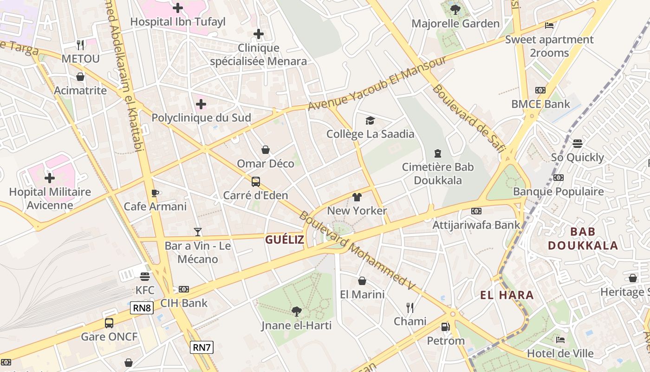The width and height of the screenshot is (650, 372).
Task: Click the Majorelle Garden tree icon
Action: coord(455,9)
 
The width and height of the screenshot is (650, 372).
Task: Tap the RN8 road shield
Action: coord(142,308)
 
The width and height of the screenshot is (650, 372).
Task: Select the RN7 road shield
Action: coord(201,347)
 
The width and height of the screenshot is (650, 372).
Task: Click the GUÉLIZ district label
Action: coord(285,240)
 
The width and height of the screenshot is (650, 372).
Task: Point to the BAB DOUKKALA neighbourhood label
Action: coord(583,239)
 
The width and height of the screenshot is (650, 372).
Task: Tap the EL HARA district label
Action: coord(507,295)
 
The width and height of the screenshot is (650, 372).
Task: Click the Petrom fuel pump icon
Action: coord(445,327)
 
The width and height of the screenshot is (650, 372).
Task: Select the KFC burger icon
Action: coord(145,277)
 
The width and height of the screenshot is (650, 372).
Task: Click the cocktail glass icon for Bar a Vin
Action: coord(198,232)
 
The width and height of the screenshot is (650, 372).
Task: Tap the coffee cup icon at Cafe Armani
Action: coord(155,193)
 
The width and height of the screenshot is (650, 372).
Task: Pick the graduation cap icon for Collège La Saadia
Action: coord(370,120)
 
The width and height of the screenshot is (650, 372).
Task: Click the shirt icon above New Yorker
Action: coord(357,197)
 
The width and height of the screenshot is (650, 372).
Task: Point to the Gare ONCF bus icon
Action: coord(109,323)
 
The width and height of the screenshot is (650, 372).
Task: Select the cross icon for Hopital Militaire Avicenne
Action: coord(50,178)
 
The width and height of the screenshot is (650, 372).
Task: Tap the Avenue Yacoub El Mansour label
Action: coord(377,84)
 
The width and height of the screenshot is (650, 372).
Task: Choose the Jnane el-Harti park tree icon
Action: coord(296,312)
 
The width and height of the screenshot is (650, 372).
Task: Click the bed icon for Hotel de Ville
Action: coord(560,340)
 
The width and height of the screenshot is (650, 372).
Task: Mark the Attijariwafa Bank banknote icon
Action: coord(476,211)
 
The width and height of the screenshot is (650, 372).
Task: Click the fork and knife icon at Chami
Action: coord(410,307)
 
